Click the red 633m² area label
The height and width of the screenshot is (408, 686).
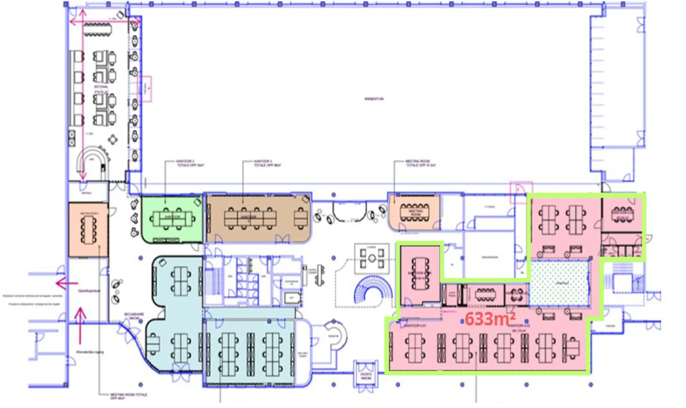(x=490, y=319)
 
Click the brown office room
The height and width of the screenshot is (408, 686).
(x=258, y=218)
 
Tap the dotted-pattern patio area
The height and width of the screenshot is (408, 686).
(x=558, y=284)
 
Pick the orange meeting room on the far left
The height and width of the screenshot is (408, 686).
(x=88, y=230)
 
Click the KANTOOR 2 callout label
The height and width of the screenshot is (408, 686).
(x=190, y=163)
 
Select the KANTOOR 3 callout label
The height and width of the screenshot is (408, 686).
(x=266, y=163)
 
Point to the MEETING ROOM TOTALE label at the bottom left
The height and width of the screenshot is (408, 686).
(x=128, y=396)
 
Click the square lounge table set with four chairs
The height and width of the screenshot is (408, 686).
(x=372, y=258)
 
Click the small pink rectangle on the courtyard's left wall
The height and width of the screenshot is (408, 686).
(x=145, y=89)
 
